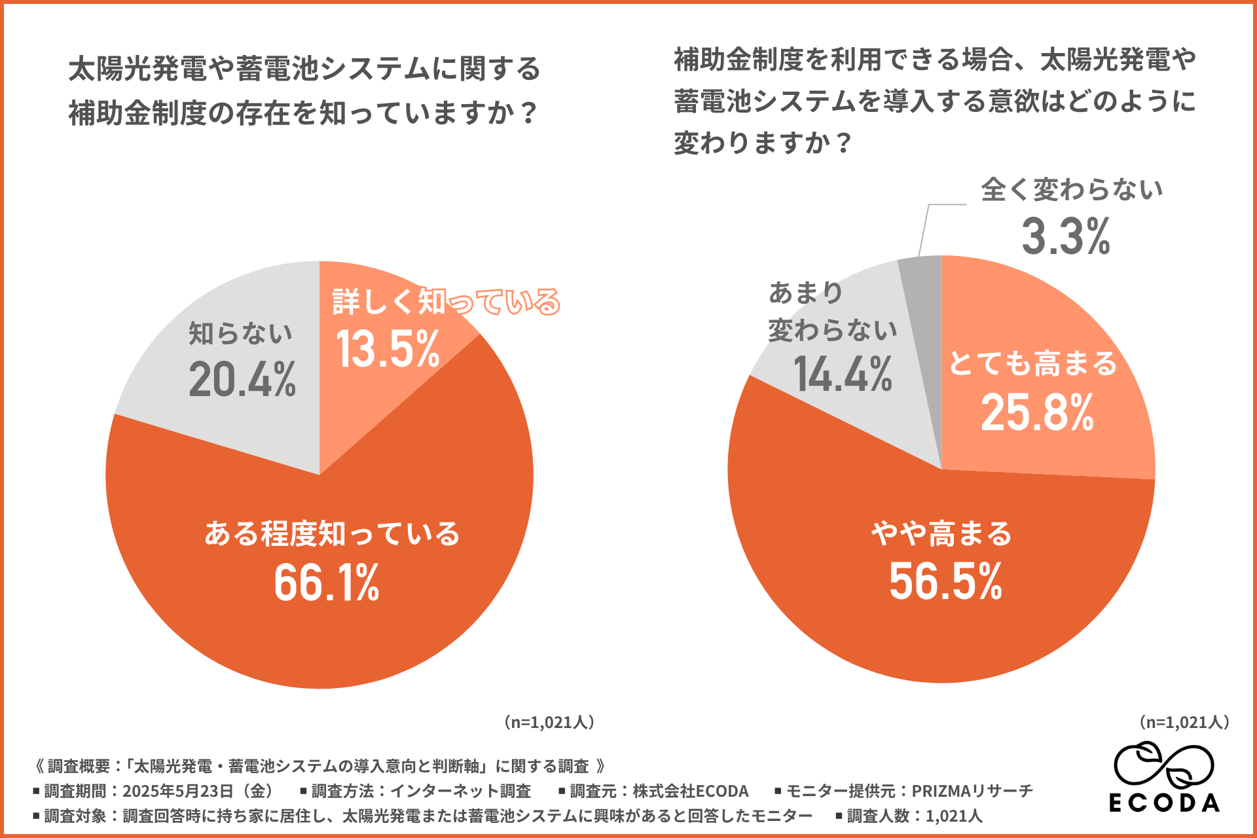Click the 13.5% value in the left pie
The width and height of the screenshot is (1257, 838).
click(388, 350)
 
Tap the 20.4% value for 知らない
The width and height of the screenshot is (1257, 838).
click(242, 380)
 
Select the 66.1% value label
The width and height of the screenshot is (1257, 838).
click(326, 583)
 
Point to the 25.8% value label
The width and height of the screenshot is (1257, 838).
click(1037, 413)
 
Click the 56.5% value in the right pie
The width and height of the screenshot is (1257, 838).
click(945, 581)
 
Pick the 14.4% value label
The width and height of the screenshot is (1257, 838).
click(843, 375)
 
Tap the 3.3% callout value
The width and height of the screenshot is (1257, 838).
click(1066, 236)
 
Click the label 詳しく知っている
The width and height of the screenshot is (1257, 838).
click(446, 302)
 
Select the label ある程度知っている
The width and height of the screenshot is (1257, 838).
click(332, 534)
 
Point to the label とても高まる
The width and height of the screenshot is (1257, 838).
click(1032, 363)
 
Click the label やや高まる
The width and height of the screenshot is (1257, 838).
click(941, 534)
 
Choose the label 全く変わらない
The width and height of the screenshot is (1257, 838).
click(1072, 190)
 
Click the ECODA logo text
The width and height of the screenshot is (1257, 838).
click(1164, 803)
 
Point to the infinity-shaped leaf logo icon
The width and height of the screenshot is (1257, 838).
click(1164, 765)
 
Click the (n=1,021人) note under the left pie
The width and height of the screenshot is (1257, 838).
click(549, 722)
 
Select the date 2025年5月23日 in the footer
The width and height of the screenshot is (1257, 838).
click(177, 792)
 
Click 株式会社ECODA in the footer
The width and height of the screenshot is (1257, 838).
click(690, 792)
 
